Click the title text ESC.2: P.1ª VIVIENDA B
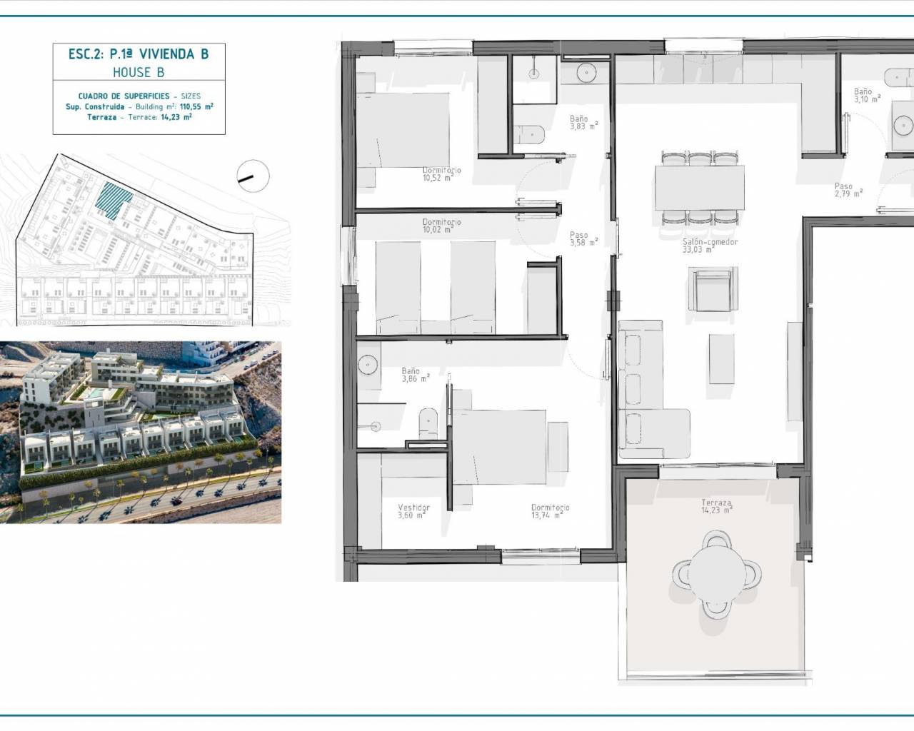coord(139,54)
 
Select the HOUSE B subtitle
coord(139,73)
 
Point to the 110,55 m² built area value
coord(196,106)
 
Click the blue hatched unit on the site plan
coord(113,200)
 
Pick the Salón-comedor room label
coord(710,246)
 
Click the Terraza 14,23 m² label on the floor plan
coord(716,506)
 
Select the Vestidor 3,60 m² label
coord(413,511)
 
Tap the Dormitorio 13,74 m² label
coord(550,511)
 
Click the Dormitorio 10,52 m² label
coord(441,174)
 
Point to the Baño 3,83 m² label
coord(583,123)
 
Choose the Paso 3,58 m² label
coord(583,238)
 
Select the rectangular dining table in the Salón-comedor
coord(700,188)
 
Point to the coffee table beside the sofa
coord(722,359)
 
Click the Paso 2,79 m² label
coord(848,190)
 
